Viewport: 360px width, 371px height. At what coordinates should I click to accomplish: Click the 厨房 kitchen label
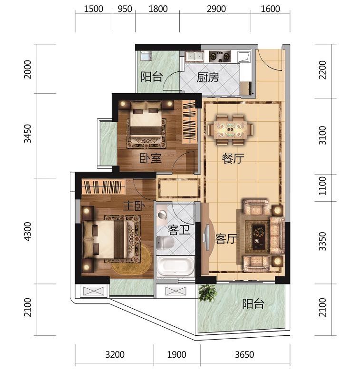pyautogui.click(x=208, y=78)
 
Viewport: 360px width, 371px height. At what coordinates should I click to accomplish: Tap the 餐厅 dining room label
pyautogui.click(x=233, y=158)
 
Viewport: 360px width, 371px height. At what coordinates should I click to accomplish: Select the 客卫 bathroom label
pyautogui.click(x=179, y=230)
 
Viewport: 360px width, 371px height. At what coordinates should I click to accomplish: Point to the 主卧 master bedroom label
pyautogui.click(x=134, y=206)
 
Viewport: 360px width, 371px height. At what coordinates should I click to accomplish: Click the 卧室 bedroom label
pyautogui.click(x=150, y=158)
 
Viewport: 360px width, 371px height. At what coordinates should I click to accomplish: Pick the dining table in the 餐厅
pyautogui.click(x=230, y=130)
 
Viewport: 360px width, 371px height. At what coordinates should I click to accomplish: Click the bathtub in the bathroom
pyautogui.click(x=175, y=266)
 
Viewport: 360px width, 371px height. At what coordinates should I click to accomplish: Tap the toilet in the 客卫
pyautogui.click(x=165, y=243)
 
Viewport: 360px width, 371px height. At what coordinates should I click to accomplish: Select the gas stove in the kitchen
pyautogui.click(x=220, y=57)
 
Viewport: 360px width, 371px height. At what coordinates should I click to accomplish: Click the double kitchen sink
pyautogui.click(x=195, y=57)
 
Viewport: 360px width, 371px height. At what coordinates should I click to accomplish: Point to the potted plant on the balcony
pyautogui.click(x=207, y=293)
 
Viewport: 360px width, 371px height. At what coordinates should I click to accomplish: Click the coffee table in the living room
pyautogui.click(x=259, y=237)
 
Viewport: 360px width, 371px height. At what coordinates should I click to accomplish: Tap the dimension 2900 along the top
pyautogui.click(x=216, y=9)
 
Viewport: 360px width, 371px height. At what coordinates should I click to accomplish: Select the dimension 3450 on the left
pyautogui.click(x=28, y=134)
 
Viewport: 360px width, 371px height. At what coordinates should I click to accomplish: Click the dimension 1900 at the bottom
pyautogui.click(x=176, y=355)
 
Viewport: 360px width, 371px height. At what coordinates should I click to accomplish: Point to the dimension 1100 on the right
pyautogui.click(x=322, y=185)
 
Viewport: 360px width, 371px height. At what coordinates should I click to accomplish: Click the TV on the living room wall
pyautogui.click(x=207, y=237)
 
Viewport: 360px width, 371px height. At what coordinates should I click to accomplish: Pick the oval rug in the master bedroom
pyautogui.click(x=132, y=260)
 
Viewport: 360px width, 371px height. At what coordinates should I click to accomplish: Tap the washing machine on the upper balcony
pyautogui.click(x=145, y=56)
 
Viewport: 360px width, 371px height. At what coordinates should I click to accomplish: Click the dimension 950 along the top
pyautogui.click(x=125, y=9)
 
